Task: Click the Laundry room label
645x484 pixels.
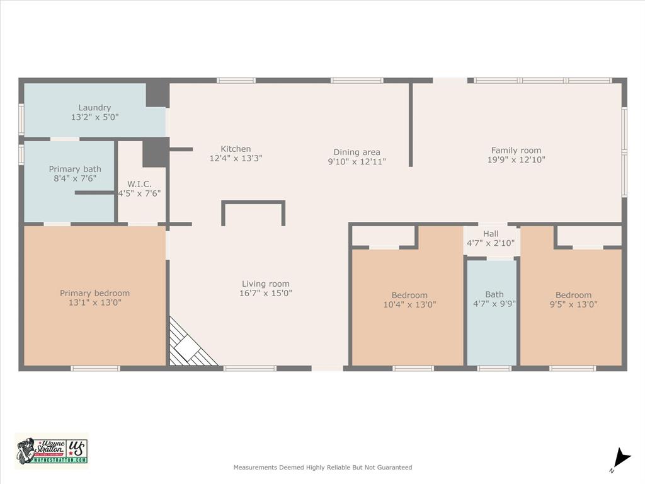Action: (x=94, y=108)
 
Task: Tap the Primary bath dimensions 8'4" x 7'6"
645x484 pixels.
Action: (x=75, y=178)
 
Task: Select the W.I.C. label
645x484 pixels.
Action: (x=140, y=184)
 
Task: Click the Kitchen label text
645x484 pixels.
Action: (x=236, y=149)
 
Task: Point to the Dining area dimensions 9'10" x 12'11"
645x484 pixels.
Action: (x=357, y=161)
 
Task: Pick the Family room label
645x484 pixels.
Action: (x=516, y=151)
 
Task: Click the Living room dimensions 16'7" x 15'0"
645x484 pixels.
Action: (x=266, y=293)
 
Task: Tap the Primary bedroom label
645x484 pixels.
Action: (x=94, y=293)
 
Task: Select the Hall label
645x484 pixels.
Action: (x=491, y=234)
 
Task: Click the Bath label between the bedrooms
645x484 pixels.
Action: (x=494, y=294)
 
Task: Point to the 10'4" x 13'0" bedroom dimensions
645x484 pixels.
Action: (x=409, y=304)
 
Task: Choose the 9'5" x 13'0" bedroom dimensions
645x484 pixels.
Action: (x=573, y=304)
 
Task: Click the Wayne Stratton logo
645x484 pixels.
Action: (x=52, y=451)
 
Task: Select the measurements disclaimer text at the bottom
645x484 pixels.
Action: (x=322, y=468)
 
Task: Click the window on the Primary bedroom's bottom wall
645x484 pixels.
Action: (x=95, y=368)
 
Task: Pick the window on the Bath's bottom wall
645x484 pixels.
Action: (x=494, y=368)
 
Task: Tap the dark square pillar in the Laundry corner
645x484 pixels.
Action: (x=157, y=95)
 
